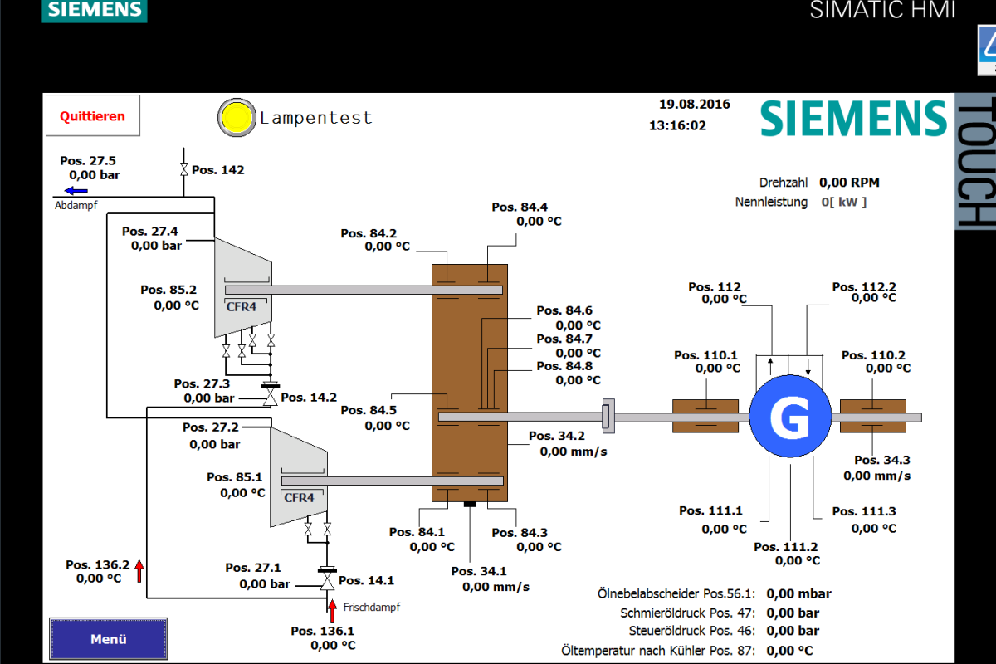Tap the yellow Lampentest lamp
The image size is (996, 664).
pos(237,117)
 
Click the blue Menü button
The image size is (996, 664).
pos(109,638)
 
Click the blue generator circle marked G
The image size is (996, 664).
pos(790,416)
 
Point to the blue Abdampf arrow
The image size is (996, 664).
pos(76,191)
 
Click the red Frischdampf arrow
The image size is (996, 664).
pos(332,611)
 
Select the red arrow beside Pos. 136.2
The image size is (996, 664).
pos(139,570)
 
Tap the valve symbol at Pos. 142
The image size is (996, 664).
pos(183,169)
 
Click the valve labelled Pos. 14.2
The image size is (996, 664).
pos(270,395)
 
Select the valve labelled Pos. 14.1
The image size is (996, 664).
pos(327,579)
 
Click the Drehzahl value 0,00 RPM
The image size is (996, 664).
pos(849,183)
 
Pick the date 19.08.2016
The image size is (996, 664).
pos(694,104)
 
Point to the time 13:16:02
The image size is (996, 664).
pos(677,125)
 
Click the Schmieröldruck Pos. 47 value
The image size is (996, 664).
pos(793,613)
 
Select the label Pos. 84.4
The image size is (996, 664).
pos(520,207)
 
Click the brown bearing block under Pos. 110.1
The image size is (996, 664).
pos(705,417)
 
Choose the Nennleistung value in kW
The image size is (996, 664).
pos(843,202)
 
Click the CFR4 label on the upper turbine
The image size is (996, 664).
pos(242,306)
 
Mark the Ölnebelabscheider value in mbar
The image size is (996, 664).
pos(798,593)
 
